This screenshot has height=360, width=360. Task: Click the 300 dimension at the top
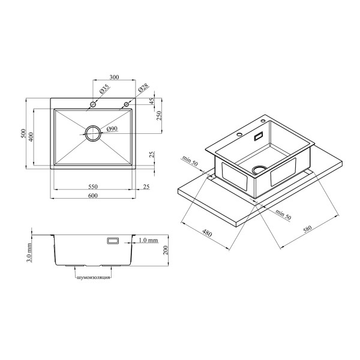tap(114, 77)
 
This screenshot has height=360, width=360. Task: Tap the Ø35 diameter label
tap(104, 89)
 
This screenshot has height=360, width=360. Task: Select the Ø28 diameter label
tap(143, 88)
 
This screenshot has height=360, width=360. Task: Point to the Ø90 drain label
tap(112, 129)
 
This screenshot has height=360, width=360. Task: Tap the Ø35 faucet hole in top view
tap(93, 104)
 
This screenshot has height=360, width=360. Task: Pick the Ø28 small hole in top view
tap(126, 104)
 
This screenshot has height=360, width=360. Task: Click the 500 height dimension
tap(23, 133)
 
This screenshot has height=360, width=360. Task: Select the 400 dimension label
tap(31, 137)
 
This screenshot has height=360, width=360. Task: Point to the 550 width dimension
tap(93, 187)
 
